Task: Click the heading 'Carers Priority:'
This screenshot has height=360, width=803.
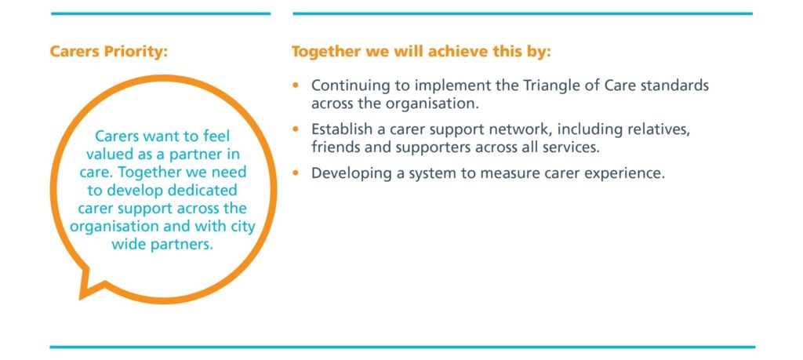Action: pyautogui.click(x=108, y=53)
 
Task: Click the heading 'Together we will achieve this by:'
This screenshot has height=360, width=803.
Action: pyautogui.click(x=421, y=52)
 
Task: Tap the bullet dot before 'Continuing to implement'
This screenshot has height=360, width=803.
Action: pyautogui.click(x=295, y=85)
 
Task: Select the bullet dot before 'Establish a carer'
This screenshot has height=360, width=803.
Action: pyautogui.click(x=295, y=129)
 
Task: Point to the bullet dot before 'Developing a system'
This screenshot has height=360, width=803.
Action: pyautogui.click(x=295, y=173)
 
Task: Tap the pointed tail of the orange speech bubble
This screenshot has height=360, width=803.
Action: pyautogui.click(x=81, y=298)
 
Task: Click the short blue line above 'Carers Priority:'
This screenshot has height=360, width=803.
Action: pyautogui.click(x=160, y=14)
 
